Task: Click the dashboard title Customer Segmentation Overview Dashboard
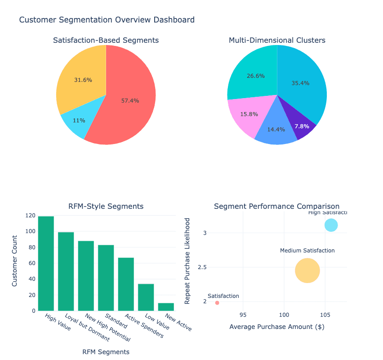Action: click(x=107, y=20)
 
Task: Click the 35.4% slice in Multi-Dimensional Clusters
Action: click(x=301, y=85)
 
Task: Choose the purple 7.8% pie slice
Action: click(x=302, y=126)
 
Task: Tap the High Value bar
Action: click(x=46, y=263)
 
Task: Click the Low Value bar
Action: click(x=146, y=297)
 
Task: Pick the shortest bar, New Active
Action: click(x=166, y=306)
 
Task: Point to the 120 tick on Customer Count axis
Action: click(x=30, y=216)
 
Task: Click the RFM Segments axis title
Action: click(x=106, y=351)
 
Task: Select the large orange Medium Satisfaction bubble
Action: click(x=307, y=270)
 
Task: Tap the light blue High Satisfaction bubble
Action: click(x=331, y=225)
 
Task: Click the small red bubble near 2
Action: click(x=217, y=303)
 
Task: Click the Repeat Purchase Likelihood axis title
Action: click(x=188, y=261)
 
